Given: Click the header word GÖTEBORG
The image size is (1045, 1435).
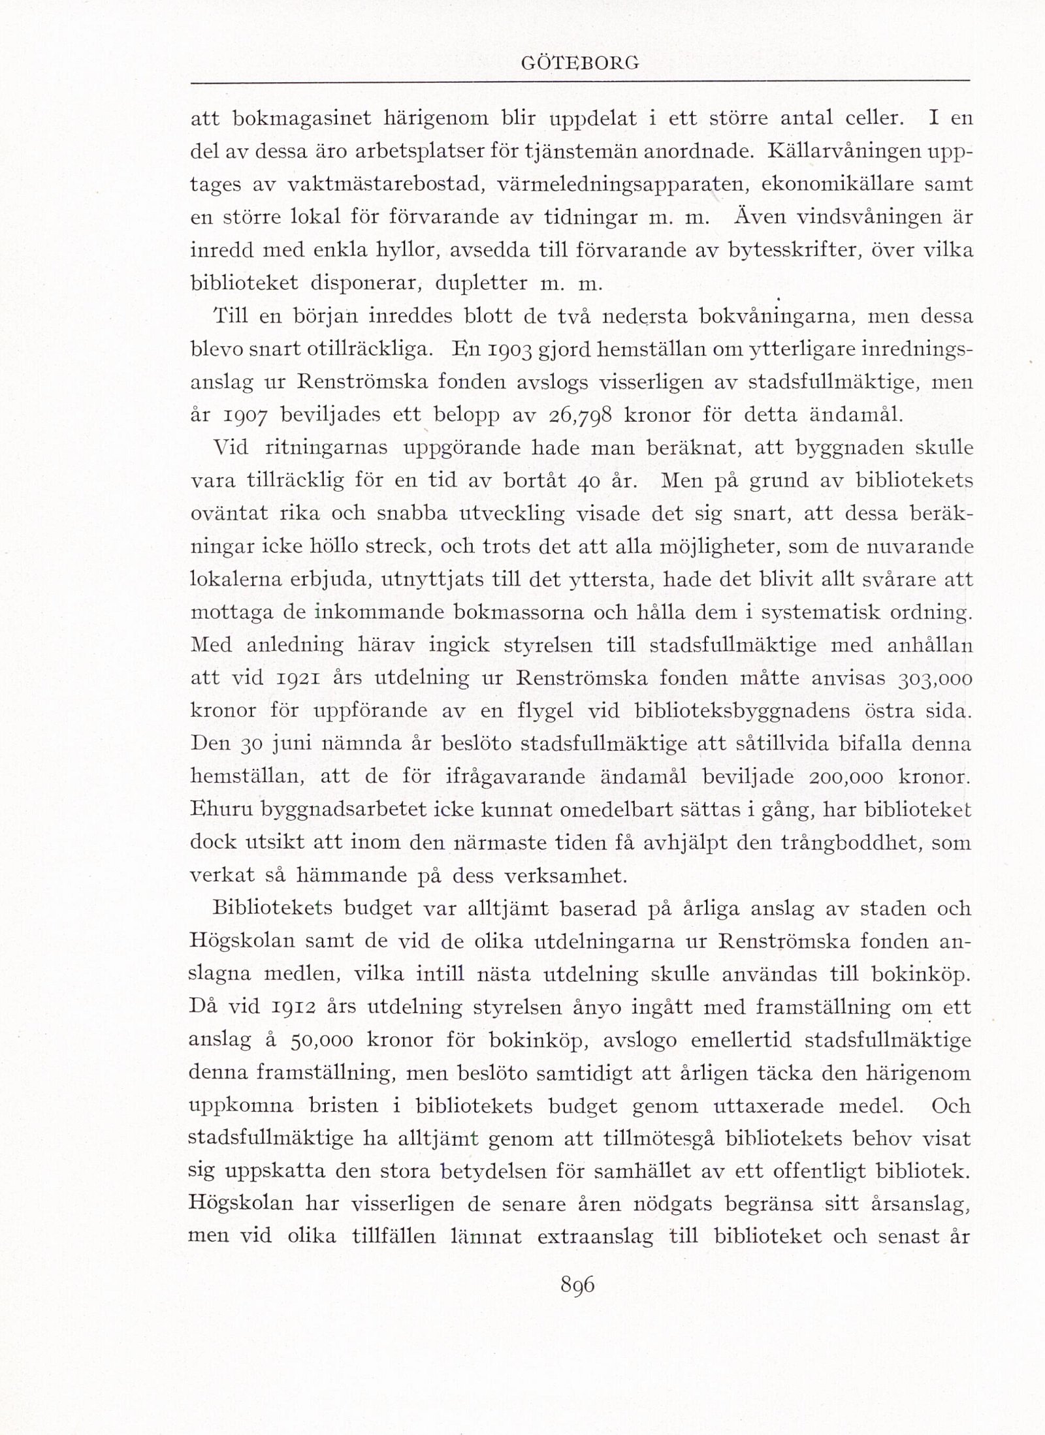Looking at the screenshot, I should tap(580, 63).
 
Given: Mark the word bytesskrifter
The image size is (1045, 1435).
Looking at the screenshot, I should tap(824, 251).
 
